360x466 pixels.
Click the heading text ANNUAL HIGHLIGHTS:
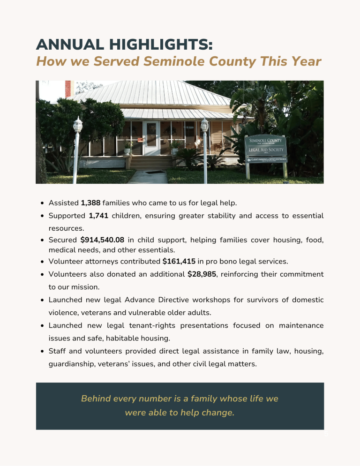pyautogui.click(x=124, y=45)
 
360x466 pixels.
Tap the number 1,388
pyautogui.click(x=91, y=203)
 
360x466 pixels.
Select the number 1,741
pyautogui.click(x=98, y=216)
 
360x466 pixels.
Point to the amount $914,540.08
pyautogui.click(x=102, y=240)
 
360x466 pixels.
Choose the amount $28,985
pyautogui.click(x=202, y=273)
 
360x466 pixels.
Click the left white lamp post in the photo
pyautogui.click(x=77, y=141)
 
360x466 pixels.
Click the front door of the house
pyautogui.click(x=151, y=139)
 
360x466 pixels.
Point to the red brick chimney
pyautogui.click(x=68, y=89)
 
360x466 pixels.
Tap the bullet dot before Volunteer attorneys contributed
pyautogui.click(x=43, y=261)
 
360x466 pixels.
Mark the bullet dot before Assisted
pyautogui.click(x=43, y=203)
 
